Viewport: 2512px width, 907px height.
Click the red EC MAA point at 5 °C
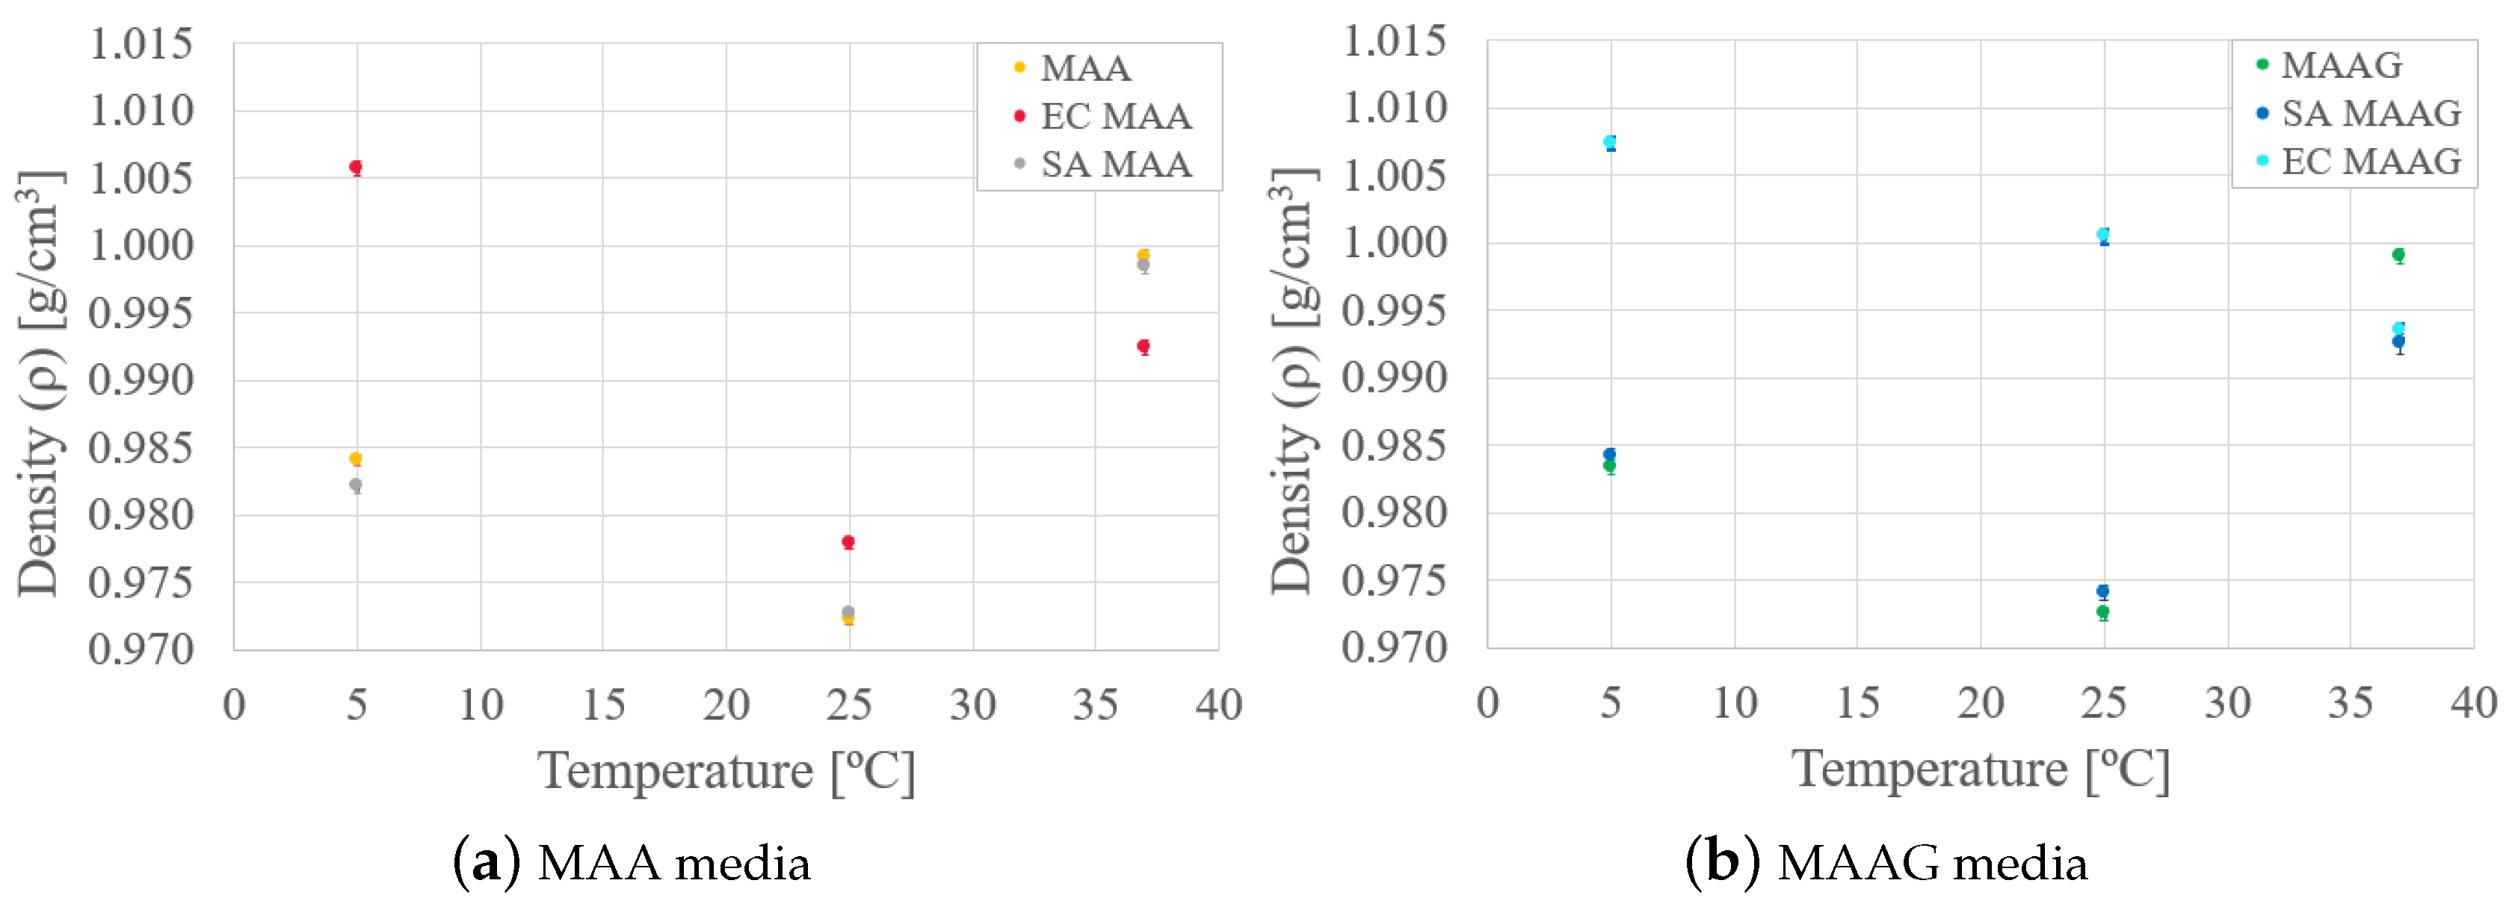tap(356, 167)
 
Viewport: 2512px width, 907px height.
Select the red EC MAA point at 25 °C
tap(848, 541)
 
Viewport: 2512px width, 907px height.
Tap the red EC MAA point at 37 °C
tap(1143, 346)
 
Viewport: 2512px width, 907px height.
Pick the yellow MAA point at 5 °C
tap(356, 458)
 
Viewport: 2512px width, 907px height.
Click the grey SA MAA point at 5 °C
tap(356, 485)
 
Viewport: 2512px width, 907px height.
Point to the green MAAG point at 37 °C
tap(2398, 254)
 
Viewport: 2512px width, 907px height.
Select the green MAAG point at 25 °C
tap(2102, 612)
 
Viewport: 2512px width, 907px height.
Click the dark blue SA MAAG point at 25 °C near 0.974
tap(2102, 591)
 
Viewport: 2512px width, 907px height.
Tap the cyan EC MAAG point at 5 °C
tap(1609, 141)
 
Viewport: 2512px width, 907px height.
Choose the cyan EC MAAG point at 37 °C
tap(2398, 329)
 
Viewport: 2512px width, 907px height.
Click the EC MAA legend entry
tap(1114, 116)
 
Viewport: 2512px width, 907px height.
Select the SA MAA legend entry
tap(1114, 164)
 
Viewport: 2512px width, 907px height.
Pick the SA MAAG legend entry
tap(2370, 113)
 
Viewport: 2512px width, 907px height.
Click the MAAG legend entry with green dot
tap(2340, 65)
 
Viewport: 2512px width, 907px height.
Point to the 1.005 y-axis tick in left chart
tap(141, 179)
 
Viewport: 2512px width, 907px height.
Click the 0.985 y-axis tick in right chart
tap(1395, 446)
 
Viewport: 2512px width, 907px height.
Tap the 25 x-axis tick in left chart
tap(848, 704)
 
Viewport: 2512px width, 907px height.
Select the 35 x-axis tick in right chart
tap(2350, 702)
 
